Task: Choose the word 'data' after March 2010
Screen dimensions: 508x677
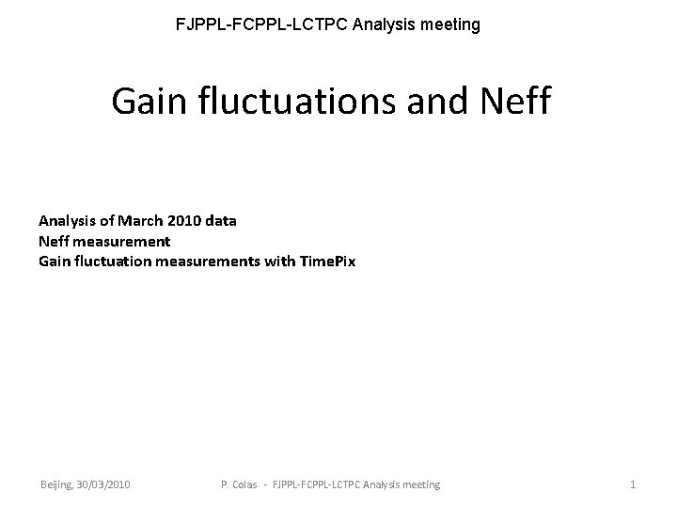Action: (x=221, y=221)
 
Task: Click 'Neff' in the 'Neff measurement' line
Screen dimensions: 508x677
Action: (x=54, y=241)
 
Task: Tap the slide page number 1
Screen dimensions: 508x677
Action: (x=633, y=484)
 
